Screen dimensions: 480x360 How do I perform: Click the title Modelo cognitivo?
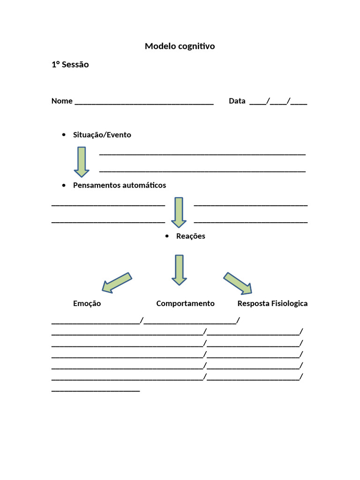180,46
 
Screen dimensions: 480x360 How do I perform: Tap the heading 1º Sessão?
70,65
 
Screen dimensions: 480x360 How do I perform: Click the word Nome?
62,101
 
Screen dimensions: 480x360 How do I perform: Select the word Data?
237,101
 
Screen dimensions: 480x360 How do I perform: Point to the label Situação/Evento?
102,135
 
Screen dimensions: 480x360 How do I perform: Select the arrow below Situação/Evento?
82,162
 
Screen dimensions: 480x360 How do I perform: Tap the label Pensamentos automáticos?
119,185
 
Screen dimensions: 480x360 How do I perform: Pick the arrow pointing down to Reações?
179,212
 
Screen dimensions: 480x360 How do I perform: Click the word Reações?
190,236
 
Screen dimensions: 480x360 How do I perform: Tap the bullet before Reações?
167,236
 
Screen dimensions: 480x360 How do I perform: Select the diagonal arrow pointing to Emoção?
117,282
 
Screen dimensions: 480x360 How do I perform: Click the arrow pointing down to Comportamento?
179,270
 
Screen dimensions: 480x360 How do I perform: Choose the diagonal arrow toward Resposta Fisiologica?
238,283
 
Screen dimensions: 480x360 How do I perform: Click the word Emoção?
87,304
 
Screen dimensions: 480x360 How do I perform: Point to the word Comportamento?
185,304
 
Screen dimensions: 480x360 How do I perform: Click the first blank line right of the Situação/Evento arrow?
202,154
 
